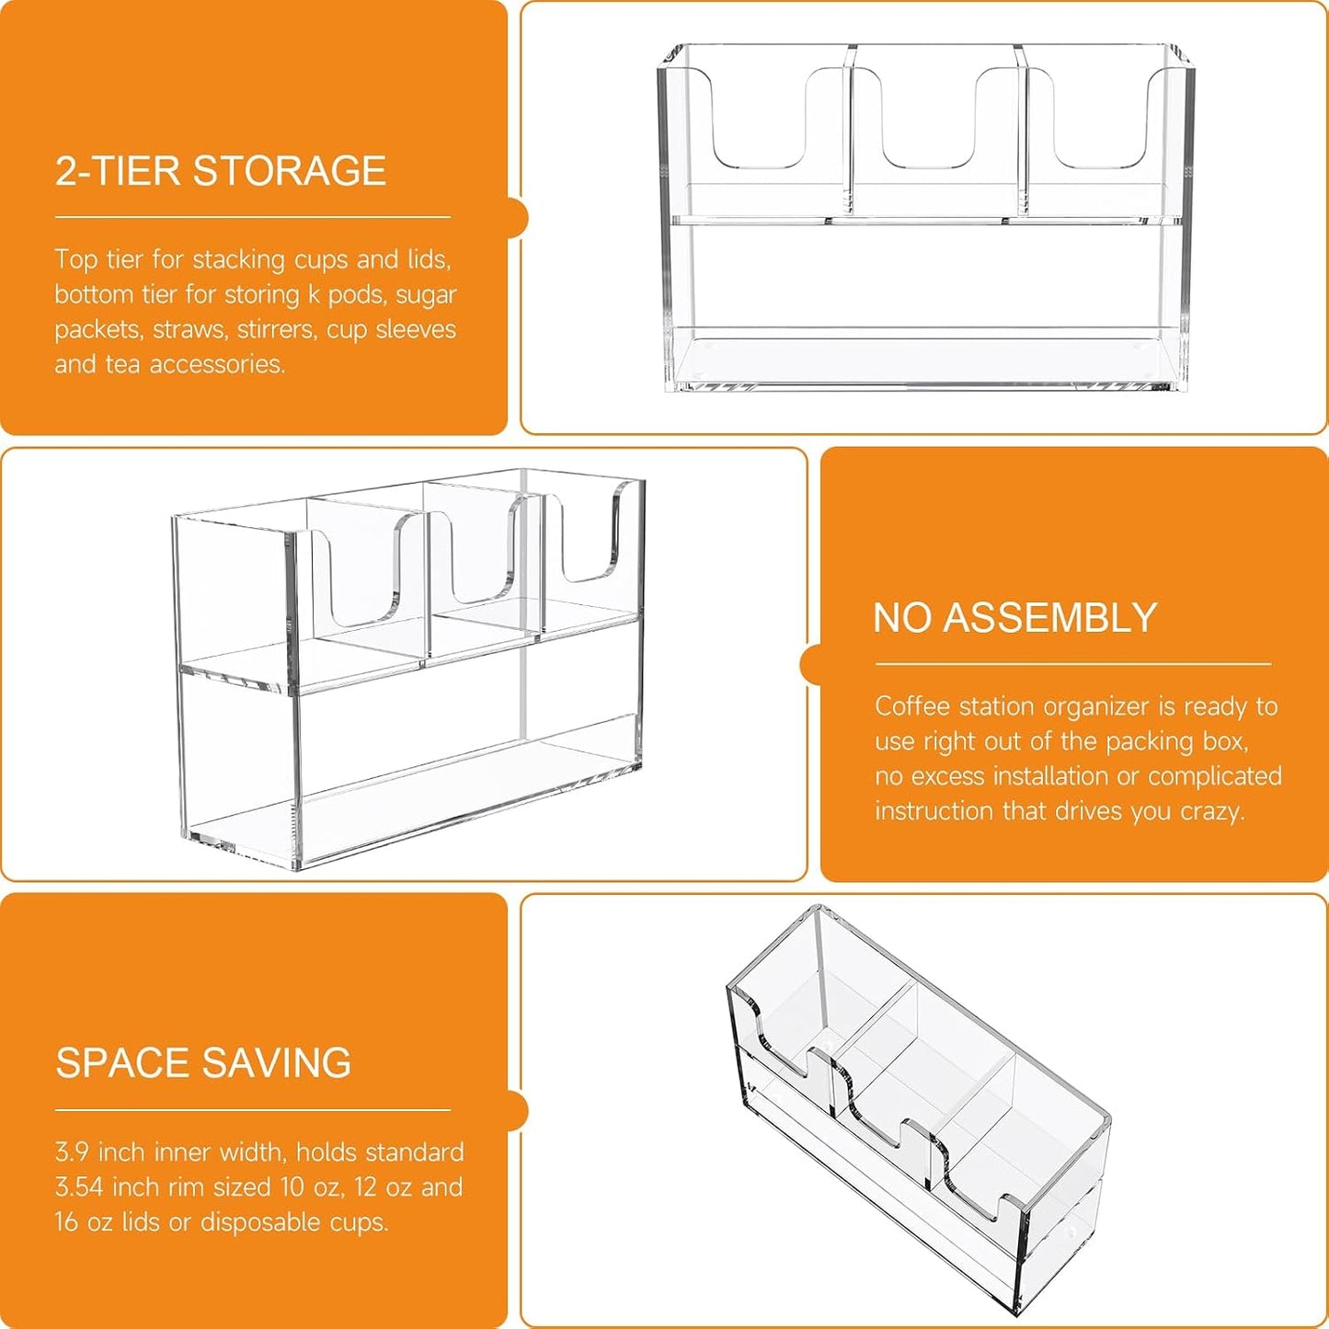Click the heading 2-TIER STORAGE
tap(220, 170)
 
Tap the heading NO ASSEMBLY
tap(1014, 617)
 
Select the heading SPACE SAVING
tap(203, 1062)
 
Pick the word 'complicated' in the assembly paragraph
tap(1215, 776)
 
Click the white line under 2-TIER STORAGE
tap(252, 216)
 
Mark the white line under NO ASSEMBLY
tap(1073, 664)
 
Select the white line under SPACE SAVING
tap(252, 1110)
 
